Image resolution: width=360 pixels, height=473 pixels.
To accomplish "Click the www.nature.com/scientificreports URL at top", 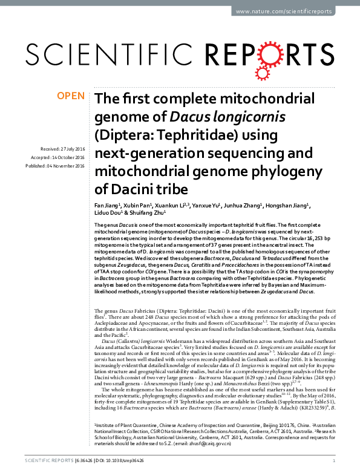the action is [x=292, y=11].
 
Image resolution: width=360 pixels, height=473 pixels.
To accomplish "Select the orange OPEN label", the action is [x=70, y=96].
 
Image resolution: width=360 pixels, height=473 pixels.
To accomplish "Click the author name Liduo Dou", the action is [x=106, y=213].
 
